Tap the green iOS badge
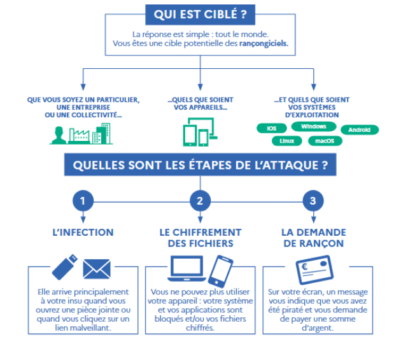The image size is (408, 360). click(272, 128)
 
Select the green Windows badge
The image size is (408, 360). click(314, 127)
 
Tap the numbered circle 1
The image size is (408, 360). click(83, 201)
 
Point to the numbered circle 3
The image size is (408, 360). click(312, 201)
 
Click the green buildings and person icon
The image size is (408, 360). click(81, 133)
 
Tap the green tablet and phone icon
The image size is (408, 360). click(200, 133)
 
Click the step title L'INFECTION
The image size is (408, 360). click(83, 233)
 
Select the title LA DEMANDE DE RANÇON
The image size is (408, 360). click(313, 238)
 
